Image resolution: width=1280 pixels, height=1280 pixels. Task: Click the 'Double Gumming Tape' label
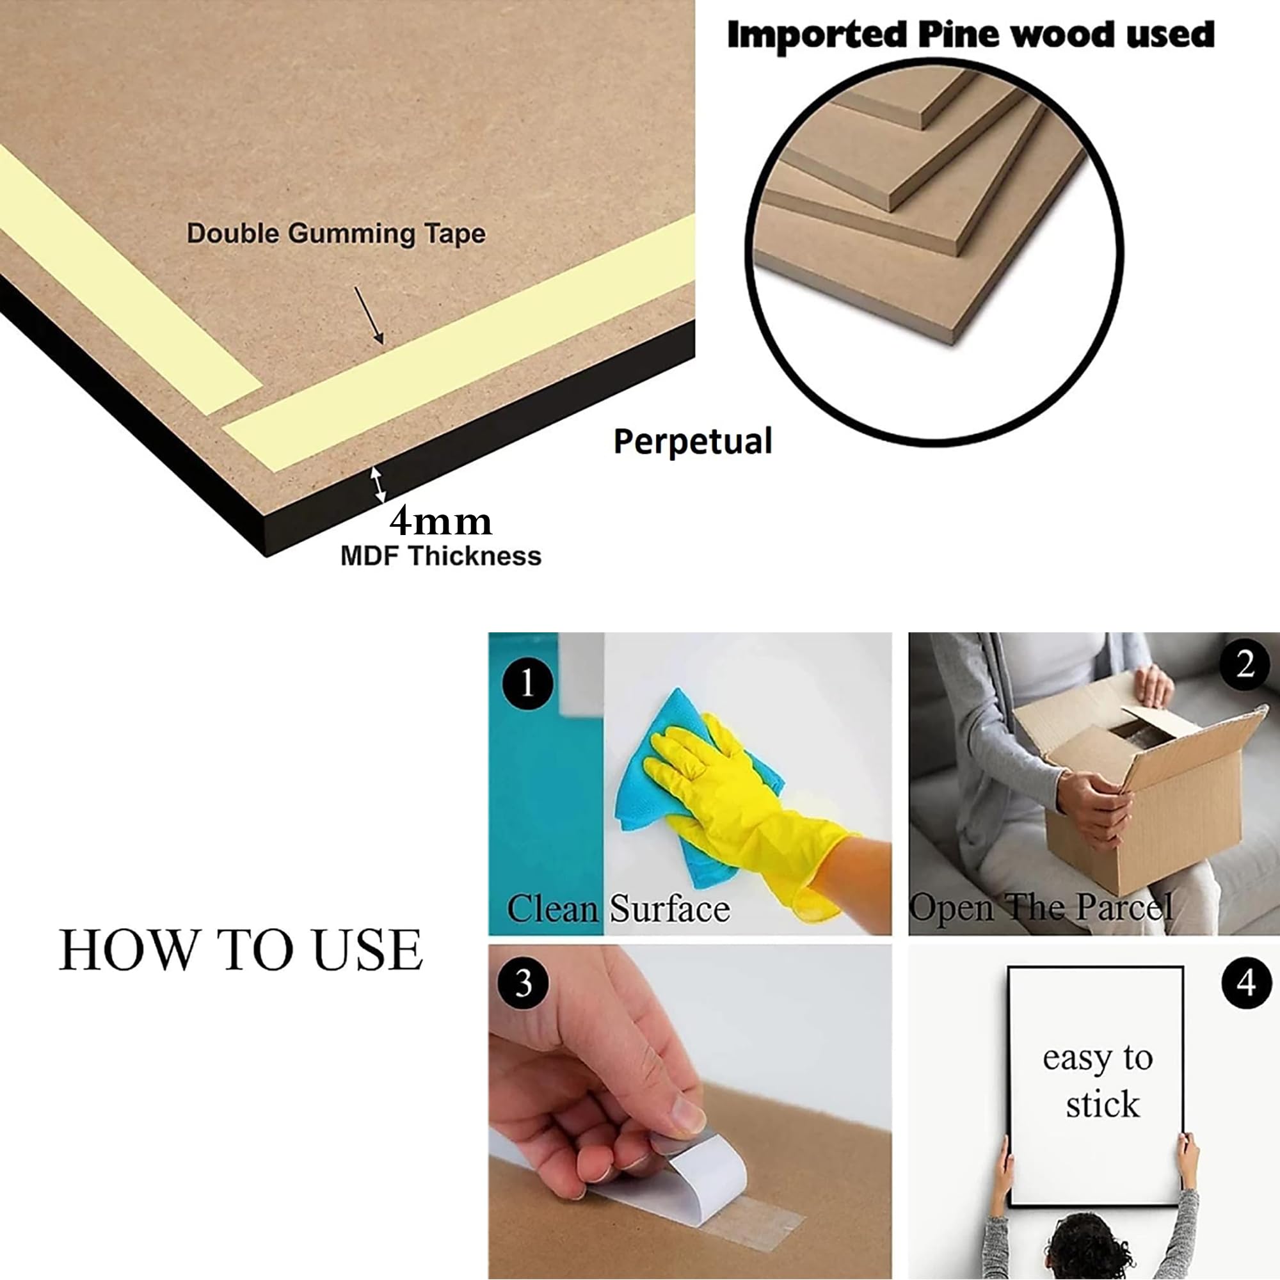(x=336, y=234)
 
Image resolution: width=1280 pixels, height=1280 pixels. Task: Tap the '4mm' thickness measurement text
(x=440, y=522)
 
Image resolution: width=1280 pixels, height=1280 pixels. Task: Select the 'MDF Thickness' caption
(x=440, y=556)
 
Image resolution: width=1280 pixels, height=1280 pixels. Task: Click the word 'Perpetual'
(x=692, y=441)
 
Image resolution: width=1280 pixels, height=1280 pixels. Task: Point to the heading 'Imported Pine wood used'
(x=971, y=34)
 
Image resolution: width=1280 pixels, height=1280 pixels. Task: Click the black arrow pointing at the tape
(x=369, y=316)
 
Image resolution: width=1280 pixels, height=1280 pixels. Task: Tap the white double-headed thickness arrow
(x=377, y=484)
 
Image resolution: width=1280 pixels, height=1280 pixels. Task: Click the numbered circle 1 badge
(x=527, y=683)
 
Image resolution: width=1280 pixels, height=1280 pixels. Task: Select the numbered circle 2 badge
(x=1245, y=664)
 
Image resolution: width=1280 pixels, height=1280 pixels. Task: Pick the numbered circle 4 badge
(x=1246, y=983)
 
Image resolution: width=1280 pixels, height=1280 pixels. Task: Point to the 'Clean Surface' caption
(x=618, y=908)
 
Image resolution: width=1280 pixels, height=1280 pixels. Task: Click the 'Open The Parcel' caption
(x=1040, y=907)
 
